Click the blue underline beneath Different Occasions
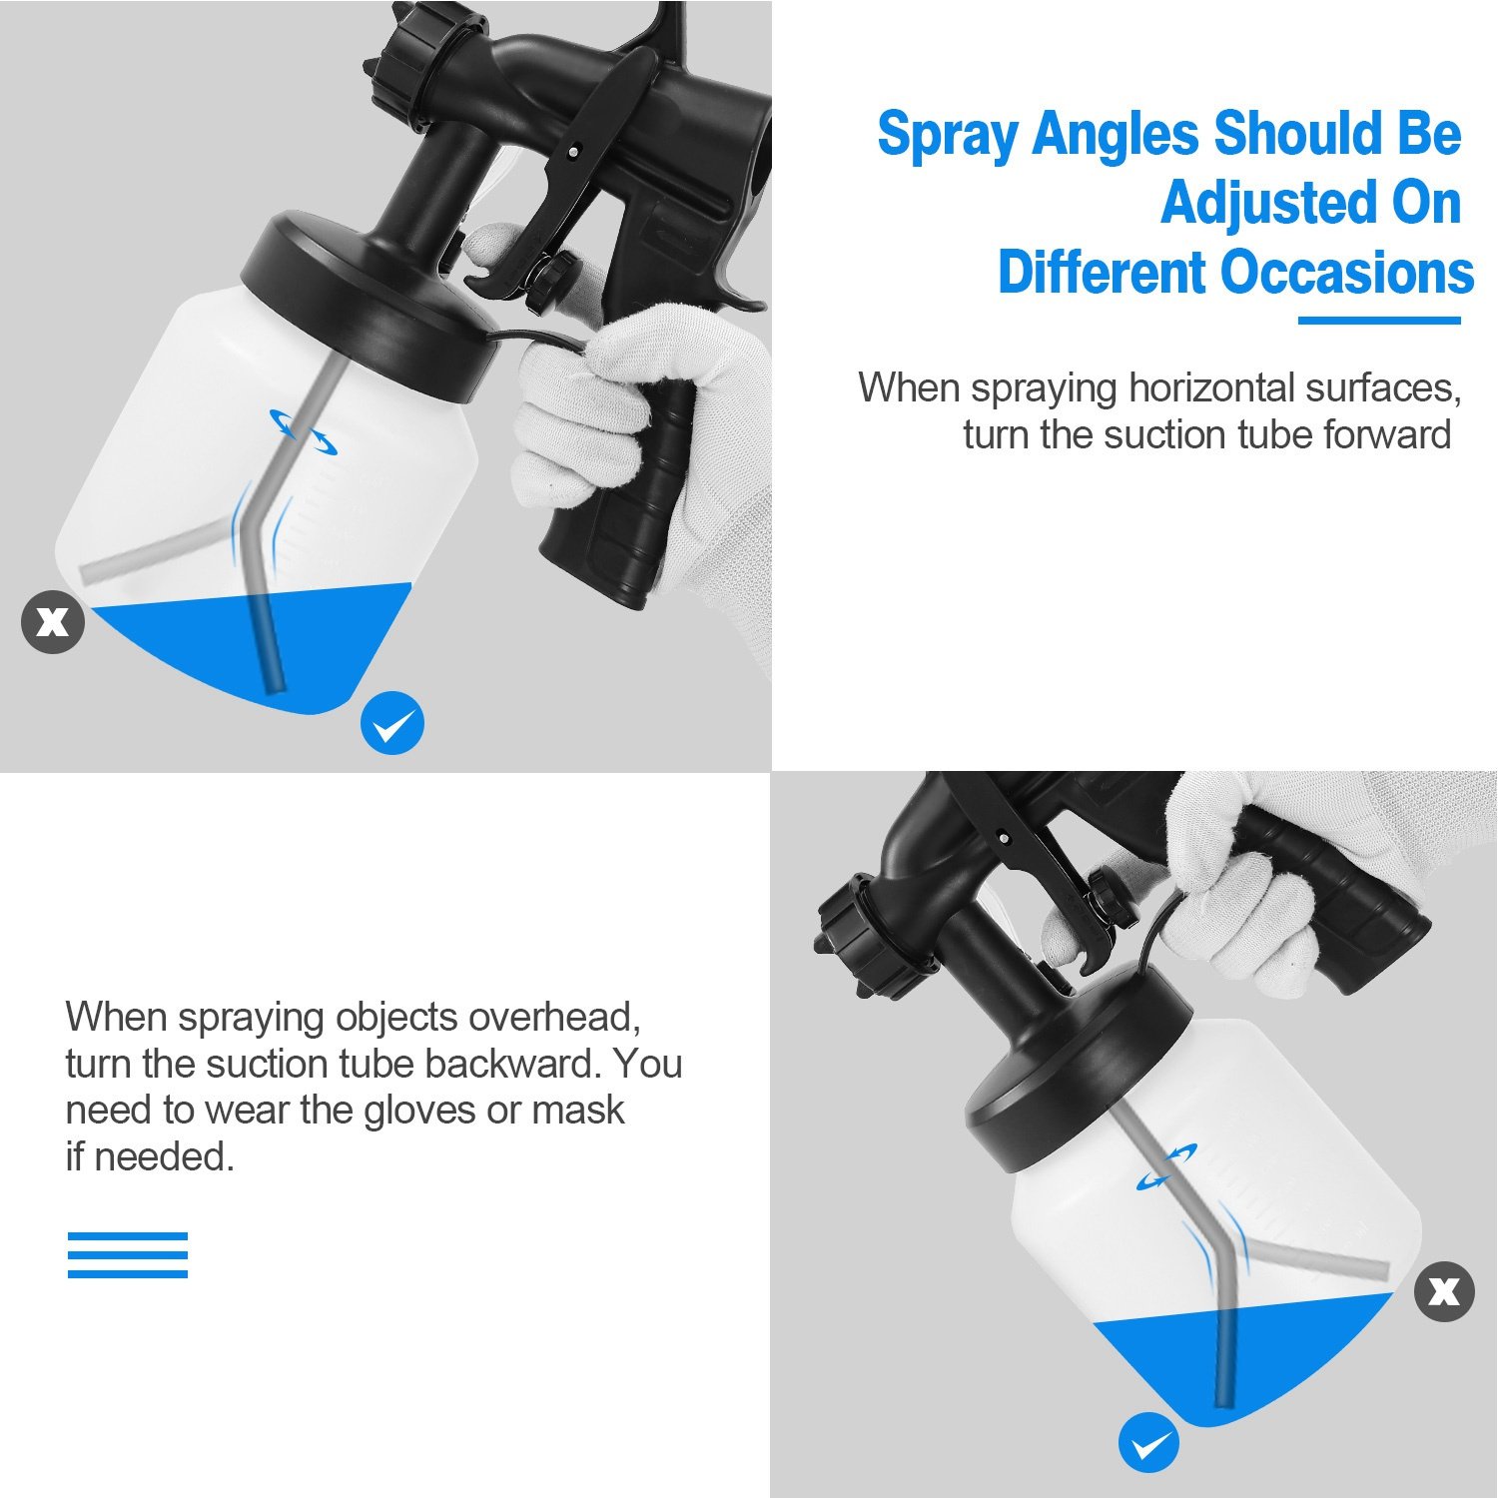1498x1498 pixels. (1378, 321)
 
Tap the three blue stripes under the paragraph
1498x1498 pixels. (128, 1254)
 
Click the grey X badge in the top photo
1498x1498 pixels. (53, 622)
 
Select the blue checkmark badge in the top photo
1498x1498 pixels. (391, 723)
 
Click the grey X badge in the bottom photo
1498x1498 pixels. (1444, 1291)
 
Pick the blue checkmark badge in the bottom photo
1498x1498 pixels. (1148, 1442)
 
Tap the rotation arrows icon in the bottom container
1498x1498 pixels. (1167, 1166)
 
